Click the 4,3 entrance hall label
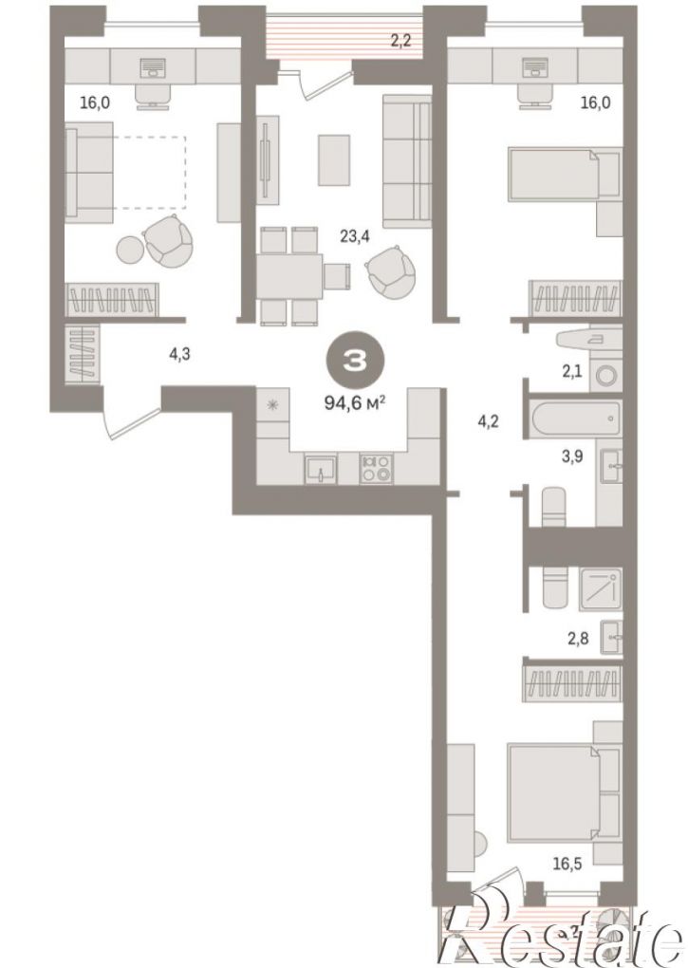point(179,354)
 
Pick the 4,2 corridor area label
point(488,422)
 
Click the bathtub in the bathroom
point(576,419)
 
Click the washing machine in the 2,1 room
point(605,375)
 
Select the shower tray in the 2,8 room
point(600,589)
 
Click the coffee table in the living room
point(334,159)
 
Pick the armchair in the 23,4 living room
point(389,270)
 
